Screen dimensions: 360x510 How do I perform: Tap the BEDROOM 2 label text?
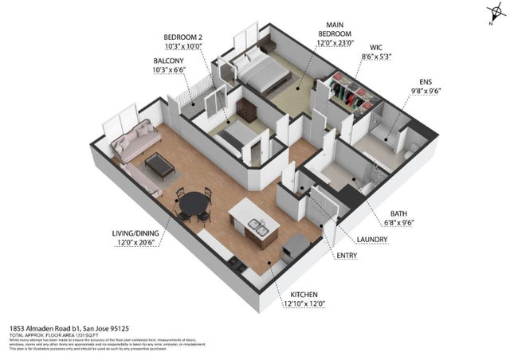point(183,37)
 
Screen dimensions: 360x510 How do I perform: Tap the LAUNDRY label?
point(372,238)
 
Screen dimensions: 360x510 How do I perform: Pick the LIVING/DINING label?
point(134,233)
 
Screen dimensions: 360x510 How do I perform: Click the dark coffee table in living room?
point(159,164)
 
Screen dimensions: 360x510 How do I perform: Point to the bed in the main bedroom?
point(262,74)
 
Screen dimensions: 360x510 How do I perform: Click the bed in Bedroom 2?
point(233,139)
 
